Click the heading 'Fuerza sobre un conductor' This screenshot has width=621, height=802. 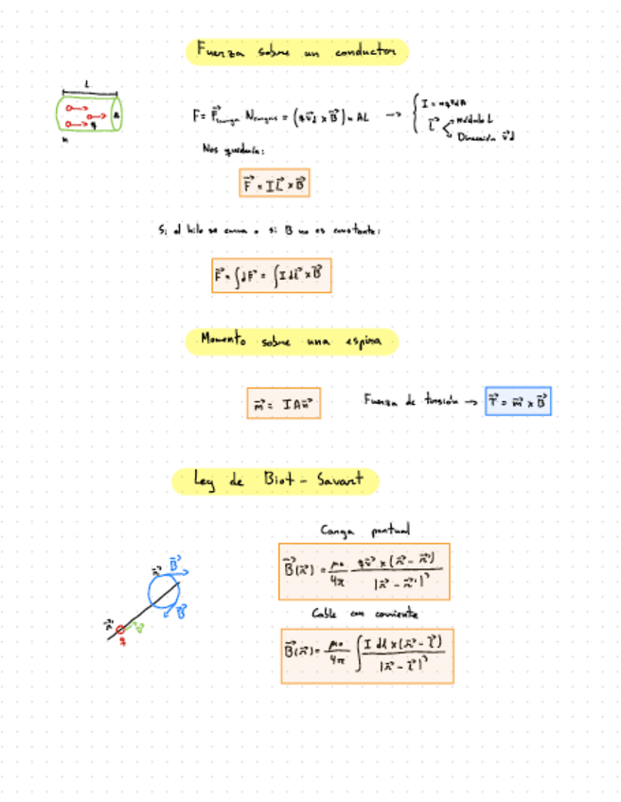point(296,52)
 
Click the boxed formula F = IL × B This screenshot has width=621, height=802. point(275,183)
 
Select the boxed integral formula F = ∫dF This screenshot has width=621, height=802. point(272,276)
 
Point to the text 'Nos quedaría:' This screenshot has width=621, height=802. point(232,148)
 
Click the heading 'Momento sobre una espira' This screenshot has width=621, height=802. point(296,341)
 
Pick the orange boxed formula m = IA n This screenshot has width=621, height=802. point(283,403)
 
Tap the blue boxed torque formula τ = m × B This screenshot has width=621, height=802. point(518,402)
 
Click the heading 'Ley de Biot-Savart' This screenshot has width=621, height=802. point(275,481)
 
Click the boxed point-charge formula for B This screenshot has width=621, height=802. point(364,571)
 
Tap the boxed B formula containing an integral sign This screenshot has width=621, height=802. point(366,655)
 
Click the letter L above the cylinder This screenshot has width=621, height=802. point(87,84)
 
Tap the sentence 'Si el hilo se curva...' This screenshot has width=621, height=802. point(270,230)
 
